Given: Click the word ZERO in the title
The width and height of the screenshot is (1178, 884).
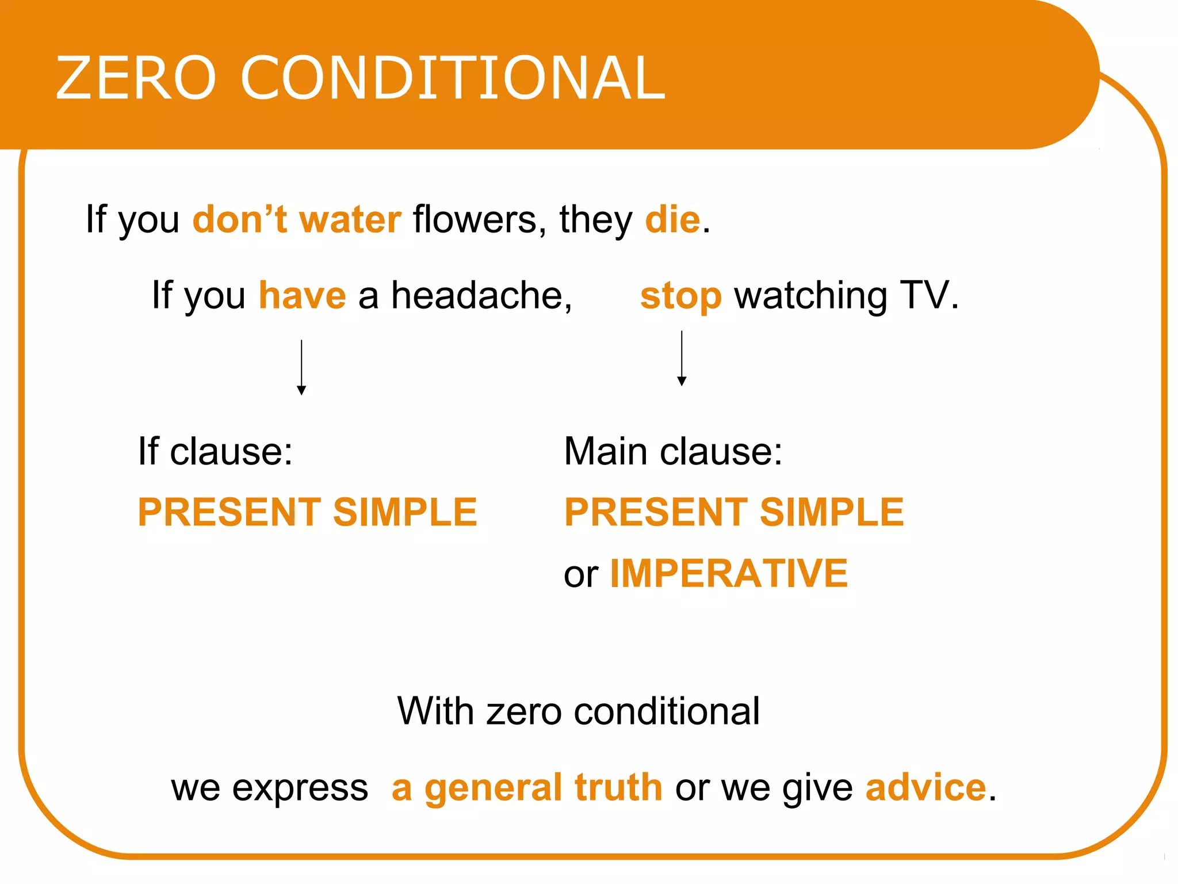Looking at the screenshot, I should pyautogui.click(x=136, y=78).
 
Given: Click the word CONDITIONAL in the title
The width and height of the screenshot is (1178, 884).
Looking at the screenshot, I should pyautogui.click(x=453, y=78).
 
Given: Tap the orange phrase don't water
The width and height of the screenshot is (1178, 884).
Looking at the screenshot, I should pyautogui.click(x=297, y=220).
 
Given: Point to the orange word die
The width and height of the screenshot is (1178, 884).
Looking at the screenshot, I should pyautogui.click(x=672, y=220).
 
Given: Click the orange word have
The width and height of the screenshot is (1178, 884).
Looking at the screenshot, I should pyautogui.click(x=303, y=296).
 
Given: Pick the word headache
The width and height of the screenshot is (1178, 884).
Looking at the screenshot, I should pyautogui.click(x=481, y=296).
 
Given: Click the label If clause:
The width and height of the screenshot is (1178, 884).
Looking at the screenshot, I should pyautogui.click(x=215, y=451).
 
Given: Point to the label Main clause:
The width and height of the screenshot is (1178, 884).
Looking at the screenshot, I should pyautogui.click(x=673, y=451).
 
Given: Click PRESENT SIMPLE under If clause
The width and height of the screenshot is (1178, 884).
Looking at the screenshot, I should pyautogui.click(x=307, y=512).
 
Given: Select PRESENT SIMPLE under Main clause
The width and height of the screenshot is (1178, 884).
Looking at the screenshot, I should pyautogui.click(x=734, y=512).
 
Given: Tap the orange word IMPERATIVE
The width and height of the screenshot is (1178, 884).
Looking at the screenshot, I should pyautogui.click(x=729, y=574).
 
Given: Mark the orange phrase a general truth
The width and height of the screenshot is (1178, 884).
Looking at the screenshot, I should pyautogui.click(x=527, y=788).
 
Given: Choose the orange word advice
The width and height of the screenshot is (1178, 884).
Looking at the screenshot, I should pyautogui.click(x=926, y=788).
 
